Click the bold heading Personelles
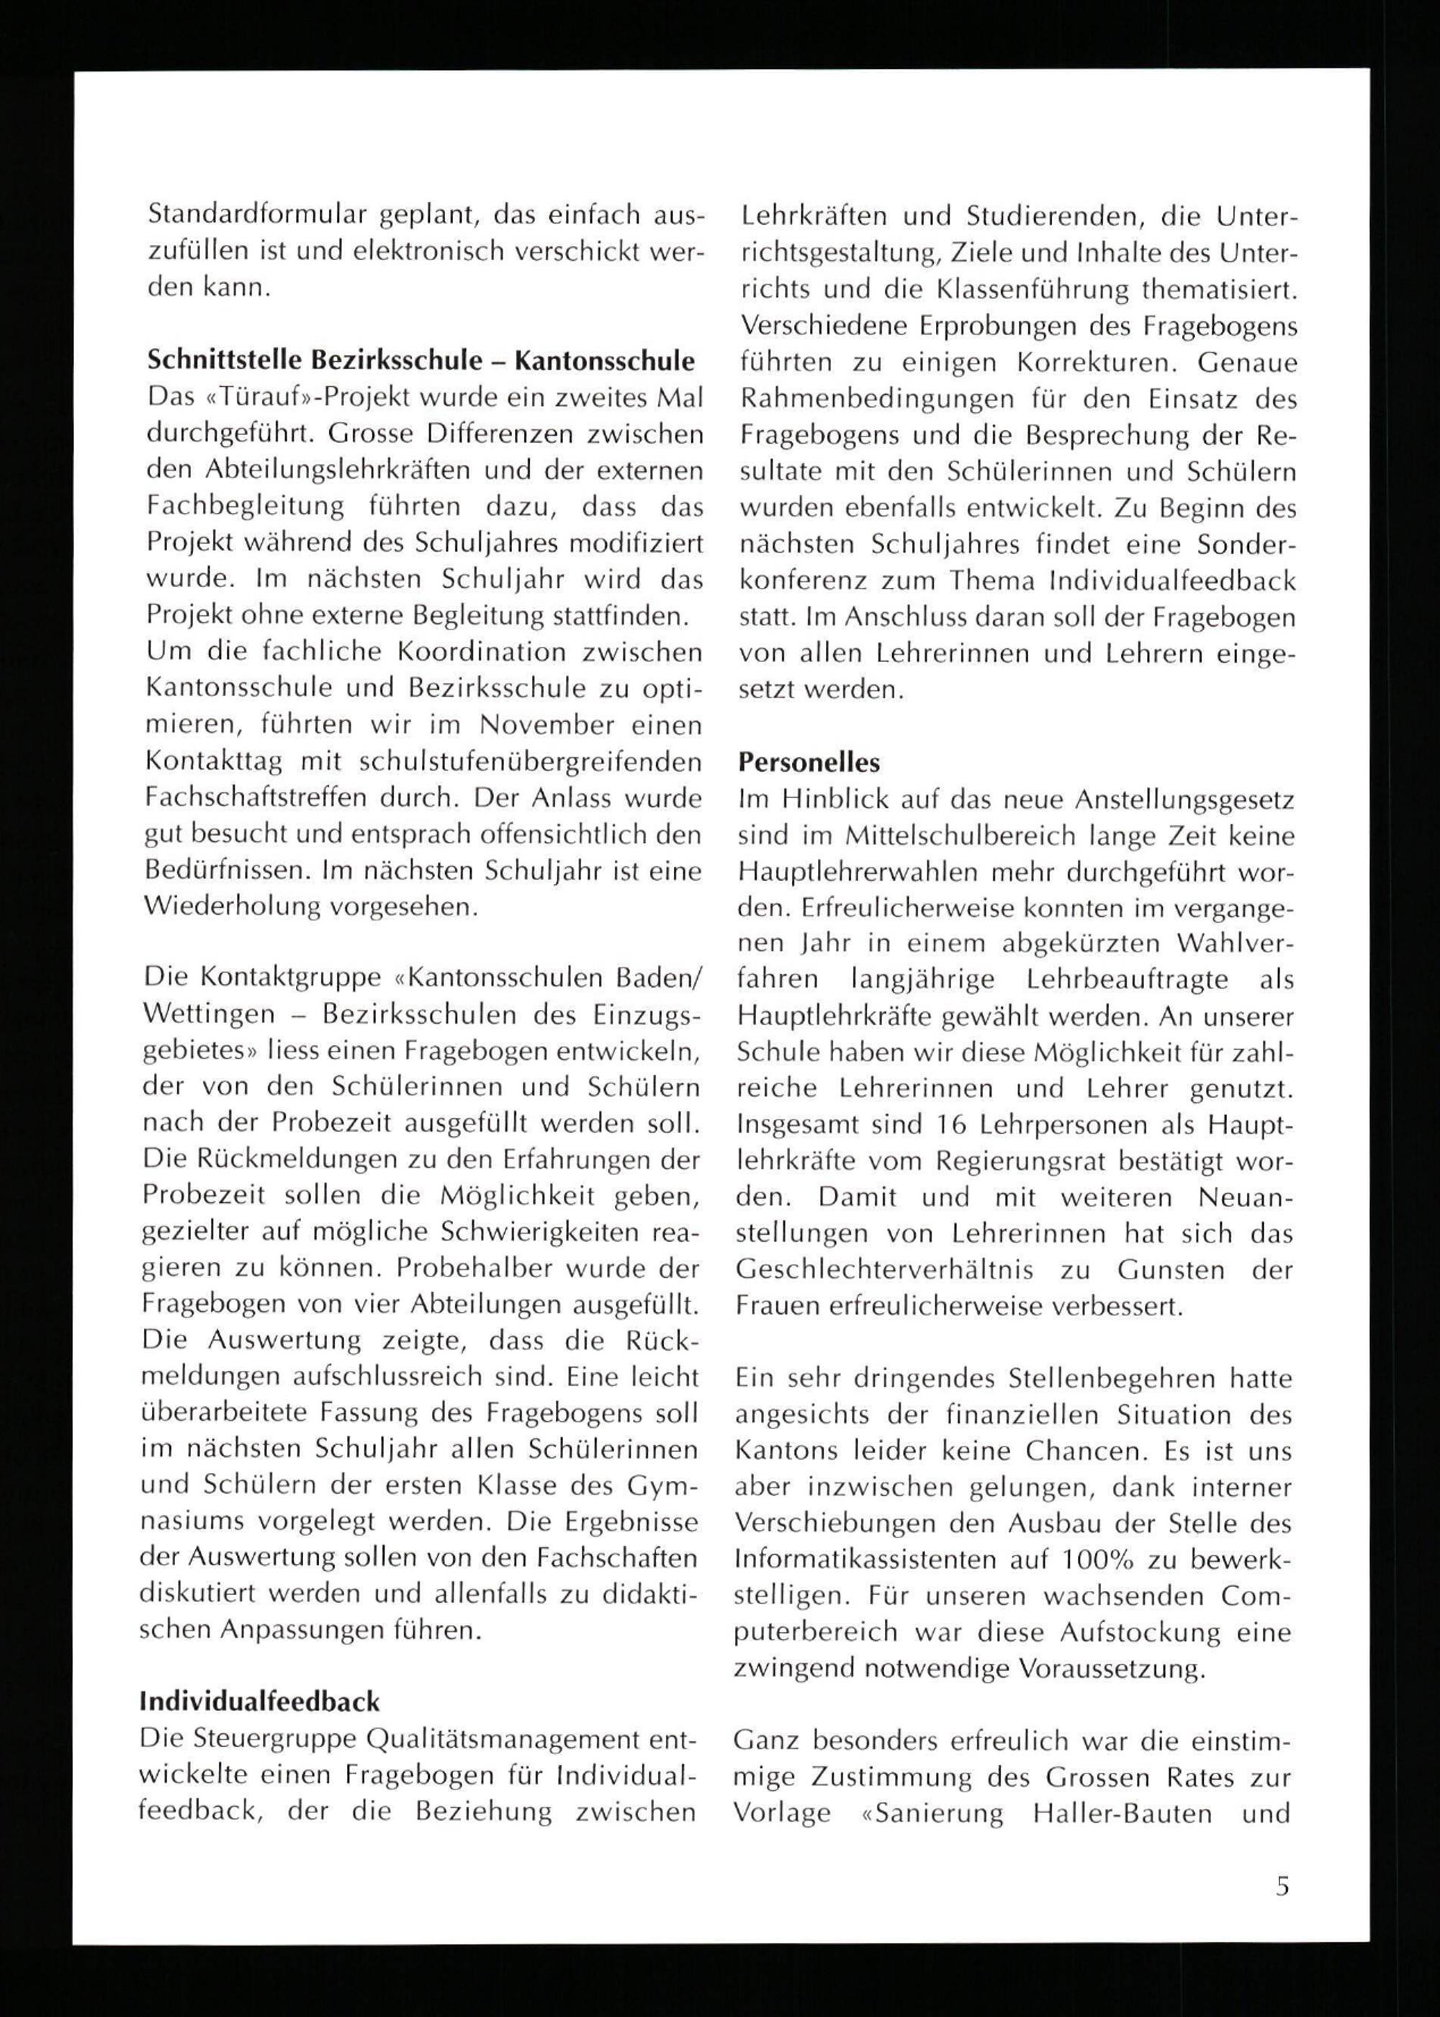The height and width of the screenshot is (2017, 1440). pos(809,763)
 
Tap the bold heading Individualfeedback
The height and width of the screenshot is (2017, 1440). pos(260,1701)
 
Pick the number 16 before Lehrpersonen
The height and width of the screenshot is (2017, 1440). pos(953,1124)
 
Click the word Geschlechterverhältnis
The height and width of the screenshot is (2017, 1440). pos(884,1270)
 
